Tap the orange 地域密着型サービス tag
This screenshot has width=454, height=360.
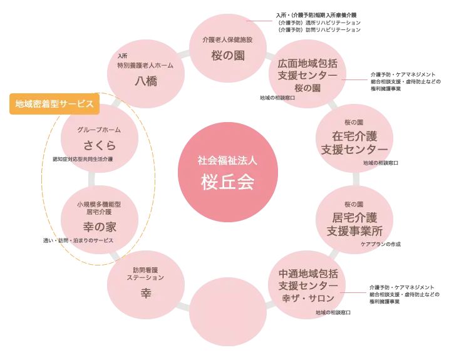pos(54,103)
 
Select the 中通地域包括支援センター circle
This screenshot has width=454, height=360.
pos(308,285)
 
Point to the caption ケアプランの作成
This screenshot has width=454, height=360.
pos(380,244)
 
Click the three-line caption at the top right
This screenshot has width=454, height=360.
pos(318,22)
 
